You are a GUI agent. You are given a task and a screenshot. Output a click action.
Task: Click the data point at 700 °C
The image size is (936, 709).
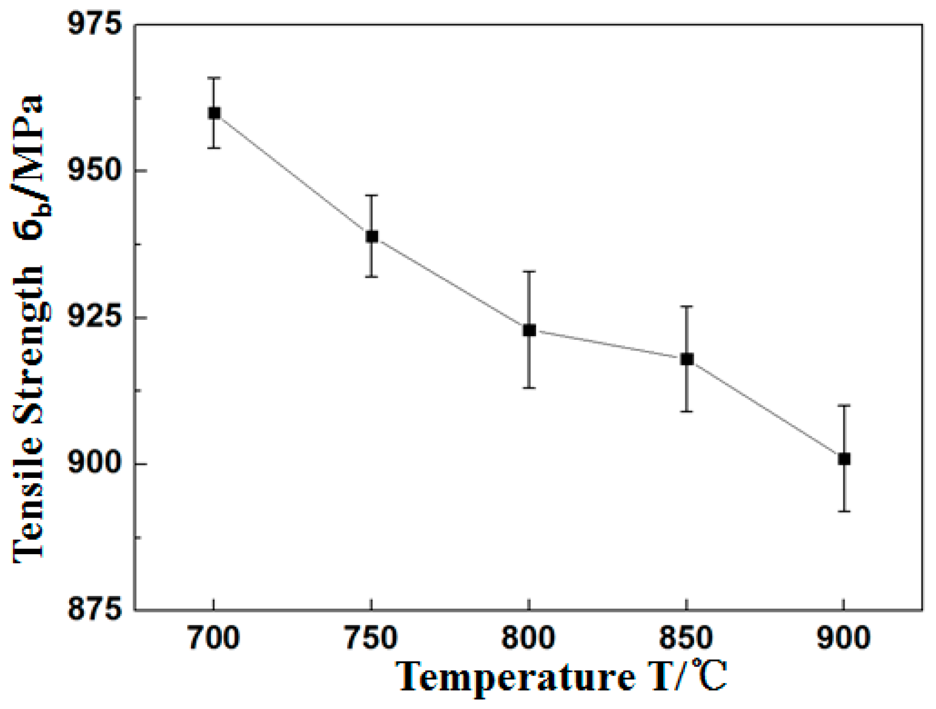(214, 113)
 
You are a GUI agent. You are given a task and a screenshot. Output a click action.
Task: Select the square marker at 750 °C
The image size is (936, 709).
(372, 237)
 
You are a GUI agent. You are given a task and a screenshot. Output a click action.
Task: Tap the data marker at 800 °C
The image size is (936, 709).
(529, 330)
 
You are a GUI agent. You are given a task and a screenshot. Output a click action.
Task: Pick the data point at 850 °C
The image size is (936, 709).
(687, 359)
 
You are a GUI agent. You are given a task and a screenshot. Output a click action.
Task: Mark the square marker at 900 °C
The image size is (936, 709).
(844, 459)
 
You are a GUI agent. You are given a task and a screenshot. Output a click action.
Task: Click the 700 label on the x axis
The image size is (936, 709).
(214, 638)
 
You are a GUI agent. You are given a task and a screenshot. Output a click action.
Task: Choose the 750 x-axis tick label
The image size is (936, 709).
(371, 638)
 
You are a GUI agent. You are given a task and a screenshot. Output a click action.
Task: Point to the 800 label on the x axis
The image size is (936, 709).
(529, 638)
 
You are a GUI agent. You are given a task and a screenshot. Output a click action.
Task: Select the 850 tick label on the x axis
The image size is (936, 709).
(686, 638)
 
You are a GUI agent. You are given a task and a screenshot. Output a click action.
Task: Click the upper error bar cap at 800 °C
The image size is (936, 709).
(529, 271)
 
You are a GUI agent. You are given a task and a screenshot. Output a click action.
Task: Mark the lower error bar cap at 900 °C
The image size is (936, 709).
(844, 511)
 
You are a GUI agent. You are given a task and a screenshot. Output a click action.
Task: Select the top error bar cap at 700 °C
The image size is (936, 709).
(214, 78)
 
